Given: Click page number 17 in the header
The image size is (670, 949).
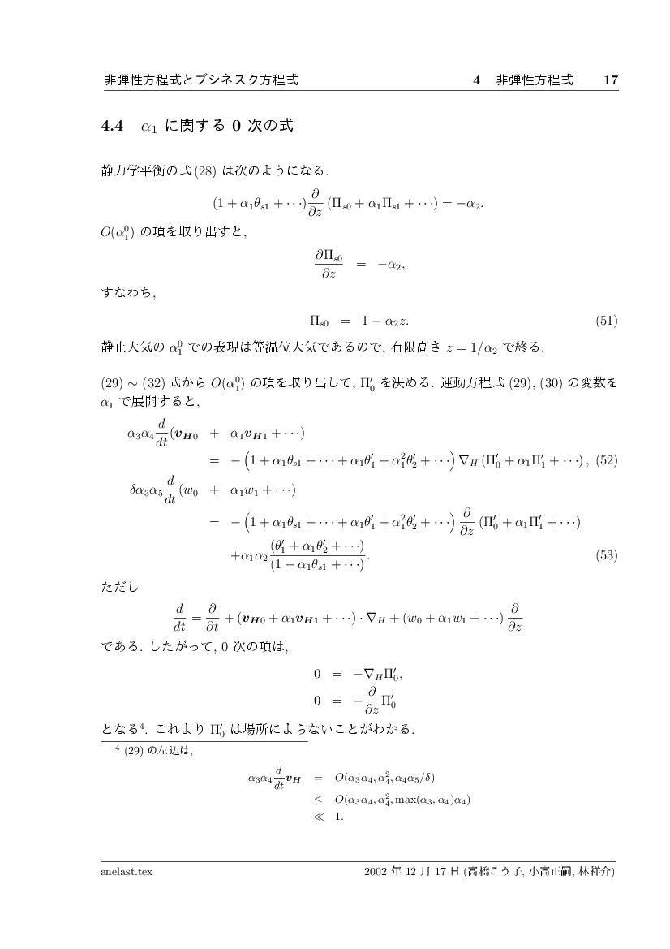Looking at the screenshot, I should (611, 80).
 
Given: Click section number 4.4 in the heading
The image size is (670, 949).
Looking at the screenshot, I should (111, 126).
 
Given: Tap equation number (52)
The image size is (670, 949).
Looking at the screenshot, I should (607, 461).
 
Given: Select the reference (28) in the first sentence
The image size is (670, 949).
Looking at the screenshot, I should (201, 172).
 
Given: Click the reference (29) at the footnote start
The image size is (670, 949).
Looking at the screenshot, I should (134, 750).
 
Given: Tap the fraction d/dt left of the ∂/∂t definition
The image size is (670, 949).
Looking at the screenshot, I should (182, 617).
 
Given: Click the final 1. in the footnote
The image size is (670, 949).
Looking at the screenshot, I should (339, 817).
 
